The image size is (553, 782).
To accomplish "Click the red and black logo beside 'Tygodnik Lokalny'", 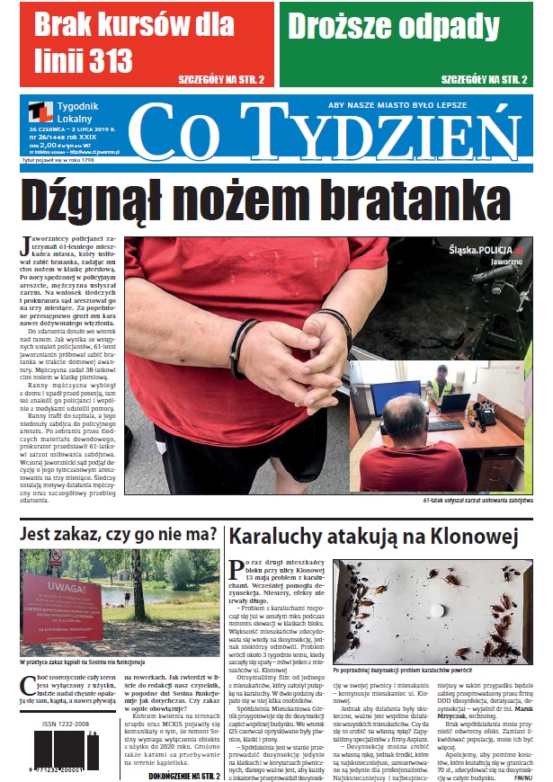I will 40,112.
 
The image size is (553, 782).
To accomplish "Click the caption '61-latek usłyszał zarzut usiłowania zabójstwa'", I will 477,501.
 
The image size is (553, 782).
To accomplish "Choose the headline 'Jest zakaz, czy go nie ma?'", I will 118,535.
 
